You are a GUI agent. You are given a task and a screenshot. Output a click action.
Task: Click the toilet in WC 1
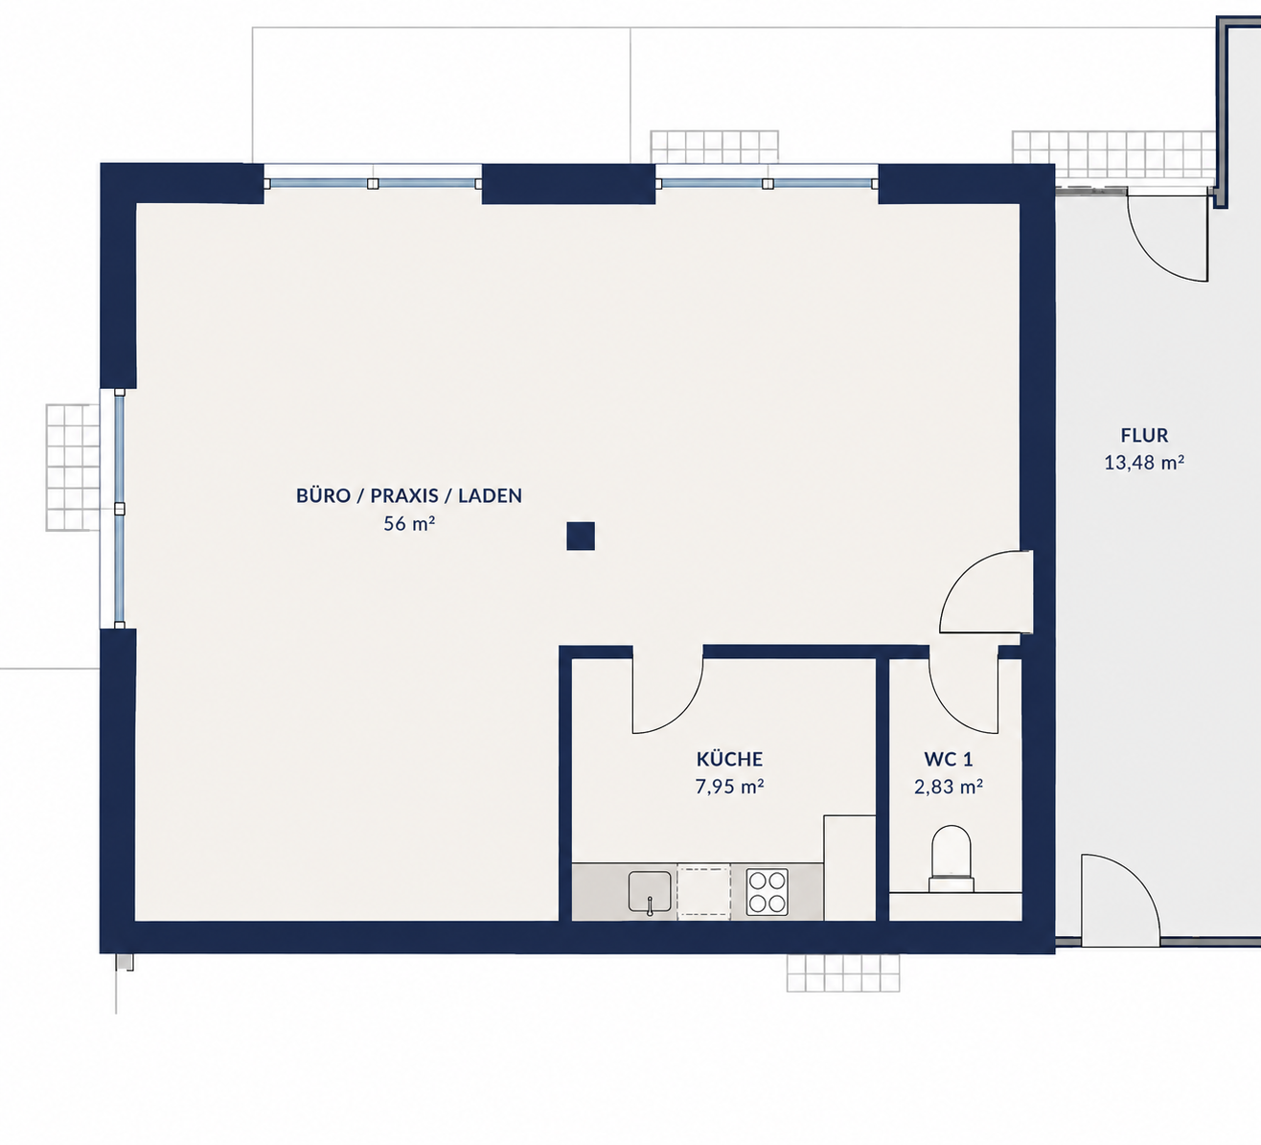click(x=951, y=859)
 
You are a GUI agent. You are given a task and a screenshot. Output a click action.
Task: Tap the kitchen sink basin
click(x=650, y=892)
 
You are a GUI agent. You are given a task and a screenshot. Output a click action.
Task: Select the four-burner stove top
click(x=767, y=892)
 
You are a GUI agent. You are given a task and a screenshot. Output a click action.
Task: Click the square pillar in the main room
click(x=581, y=537)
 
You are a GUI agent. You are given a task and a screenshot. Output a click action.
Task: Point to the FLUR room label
click(x=1145, y=435)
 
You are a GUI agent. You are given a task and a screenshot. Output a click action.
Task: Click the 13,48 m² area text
click(x=1145, y=463)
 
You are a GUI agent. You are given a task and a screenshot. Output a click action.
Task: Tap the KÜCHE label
click(x=729, y=759)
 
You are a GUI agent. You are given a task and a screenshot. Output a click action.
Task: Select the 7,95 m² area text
click(x=729, y=787)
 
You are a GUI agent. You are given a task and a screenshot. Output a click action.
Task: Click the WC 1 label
click(x=949, y=760)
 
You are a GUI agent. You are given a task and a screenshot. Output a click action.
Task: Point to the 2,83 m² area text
click(x=949, y=787)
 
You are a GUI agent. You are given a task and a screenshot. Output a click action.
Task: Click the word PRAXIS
click(x=404, y=495)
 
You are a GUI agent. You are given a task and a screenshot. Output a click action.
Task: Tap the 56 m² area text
click(x=409, y=523)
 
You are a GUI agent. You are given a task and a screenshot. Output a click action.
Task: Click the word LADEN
click(x=490, y=495)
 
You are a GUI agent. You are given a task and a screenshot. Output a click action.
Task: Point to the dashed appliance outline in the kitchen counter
click(x=704, y=892)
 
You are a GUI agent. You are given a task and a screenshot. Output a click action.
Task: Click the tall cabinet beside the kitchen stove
click(x=849, y=868)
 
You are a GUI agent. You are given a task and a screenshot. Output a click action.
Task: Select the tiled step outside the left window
click(x=73, y=468)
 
